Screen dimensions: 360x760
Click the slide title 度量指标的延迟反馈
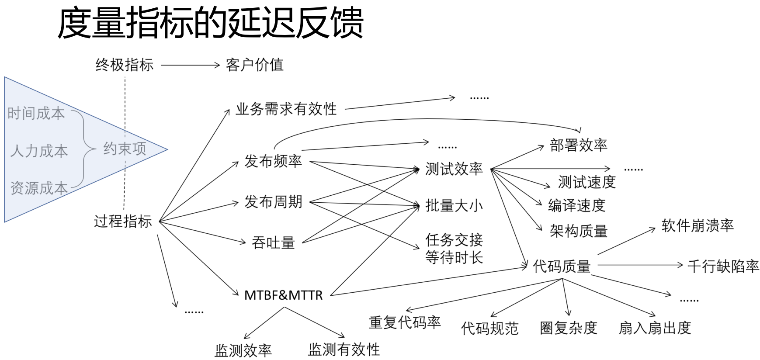click(x=210, y=23)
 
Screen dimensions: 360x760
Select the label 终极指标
click(x=125, y=65)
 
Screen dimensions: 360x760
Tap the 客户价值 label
click(x=254, y=65)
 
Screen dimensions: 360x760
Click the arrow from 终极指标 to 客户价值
click(x=190, y=66)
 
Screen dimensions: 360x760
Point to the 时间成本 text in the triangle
click(x=36, y=114)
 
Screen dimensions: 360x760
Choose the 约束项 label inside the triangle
click(x=125, y=149)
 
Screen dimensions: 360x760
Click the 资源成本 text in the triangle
click(x=39, y=188)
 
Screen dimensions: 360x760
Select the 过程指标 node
click(x=123, y=221)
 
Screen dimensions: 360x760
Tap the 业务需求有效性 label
click(x=286, y=109)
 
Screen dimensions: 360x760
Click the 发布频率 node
click(x=273, y=161)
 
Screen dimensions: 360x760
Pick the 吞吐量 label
click(x=273, y=242)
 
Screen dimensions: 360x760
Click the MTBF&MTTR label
click(x=283, y=295)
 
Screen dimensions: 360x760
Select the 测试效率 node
click(x=454, y=169)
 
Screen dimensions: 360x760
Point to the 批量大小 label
click(x=454, y=205)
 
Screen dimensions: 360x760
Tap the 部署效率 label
click(x=579, y=145)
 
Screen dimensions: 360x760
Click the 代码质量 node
click(x=562, y=266)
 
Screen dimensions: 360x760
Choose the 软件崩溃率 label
click(x=698, y=225)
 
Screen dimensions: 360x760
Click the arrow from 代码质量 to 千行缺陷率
click(x=640, y=265)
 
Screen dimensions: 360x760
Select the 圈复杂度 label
click(x=569, y=328)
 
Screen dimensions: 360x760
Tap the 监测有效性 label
click(x=344, y=350)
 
